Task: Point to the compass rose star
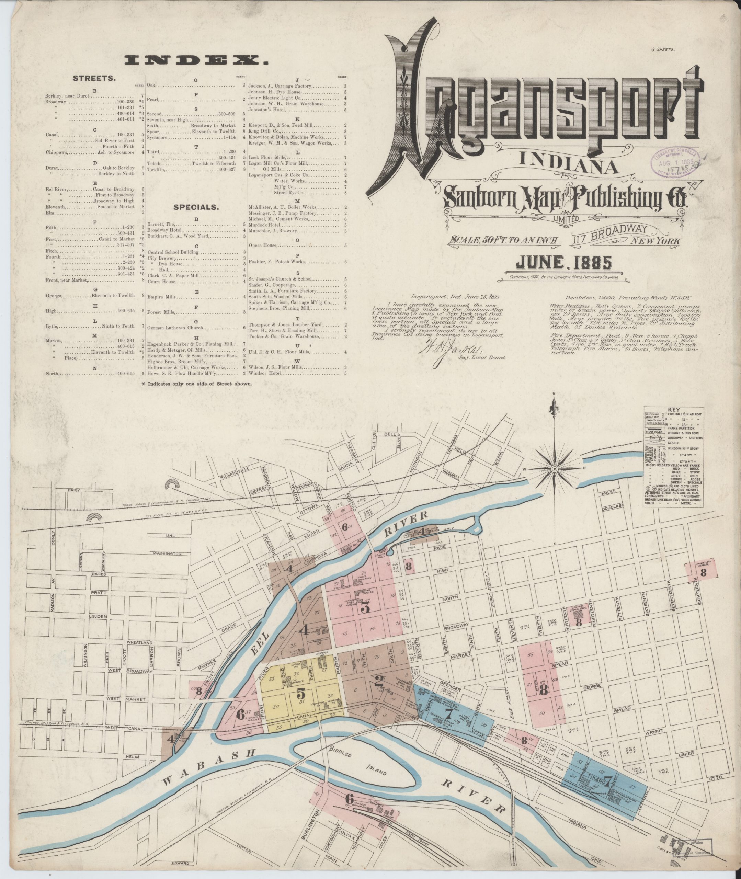[554, 469]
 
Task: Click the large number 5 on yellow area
[301, 693]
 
